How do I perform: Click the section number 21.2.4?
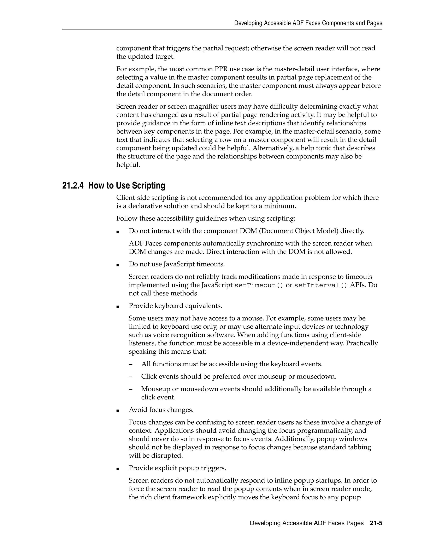73,185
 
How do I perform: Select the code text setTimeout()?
259,285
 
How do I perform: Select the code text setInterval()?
320,285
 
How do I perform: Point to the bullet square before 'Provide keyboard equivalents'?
118,306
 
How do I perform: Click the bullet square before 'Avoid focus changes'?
118,410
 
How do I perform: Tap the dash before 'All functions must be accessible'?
130,364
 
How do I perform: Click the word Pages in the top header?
374,23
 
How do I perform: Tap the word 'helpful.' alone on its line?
128,165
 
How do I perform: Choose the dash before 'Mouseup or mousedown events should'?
130,389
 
